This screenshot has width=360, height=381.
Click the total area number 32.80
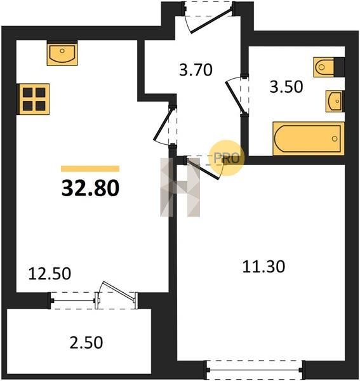coord(90,188)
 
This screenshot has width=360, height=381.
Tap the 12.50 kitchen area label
coord(50,273)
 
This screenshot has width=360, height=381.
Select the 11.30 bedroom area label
coord(263,266)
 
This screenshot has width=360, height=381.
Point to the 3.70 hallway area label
coord(196,69)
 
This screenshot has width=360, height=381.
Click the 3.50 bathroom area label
coord(286,87)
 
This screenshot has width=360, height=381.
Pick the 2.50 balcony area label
coord(86,342)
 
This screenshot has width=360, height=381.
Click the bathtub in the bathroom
coord(309,138)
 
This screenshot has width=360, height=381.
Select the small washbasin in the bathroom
coord(335,101)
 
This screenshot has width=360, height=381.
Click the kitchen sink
coord(62,53)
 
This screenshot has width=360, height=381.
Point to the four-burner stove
coord(33,99)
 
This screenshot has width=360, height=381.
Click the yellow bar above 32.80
coord(90,169)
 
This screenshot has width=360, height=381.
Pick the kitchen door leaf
coord(163,125)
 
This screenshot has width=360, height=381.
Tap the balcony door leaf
coord(118,291)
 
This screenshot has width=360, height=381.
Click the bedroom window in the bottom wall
coord(255,370)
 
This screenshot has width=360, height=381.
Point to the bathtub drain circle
coord(335,138)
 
